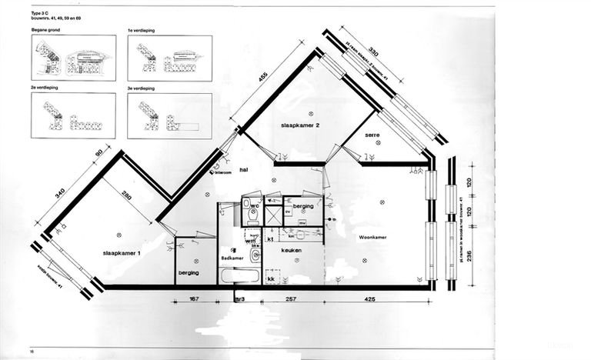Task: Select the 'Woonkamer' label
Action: [372, 238]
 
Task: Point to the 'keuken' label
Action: [290, 250]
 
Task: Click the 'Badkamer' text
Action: [232, 258]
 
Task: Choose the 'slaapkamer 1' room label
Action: [119, 252]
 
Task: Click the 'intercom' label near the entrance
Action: [223, 173]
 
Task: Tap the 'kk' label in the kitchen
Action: [272, 278]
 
